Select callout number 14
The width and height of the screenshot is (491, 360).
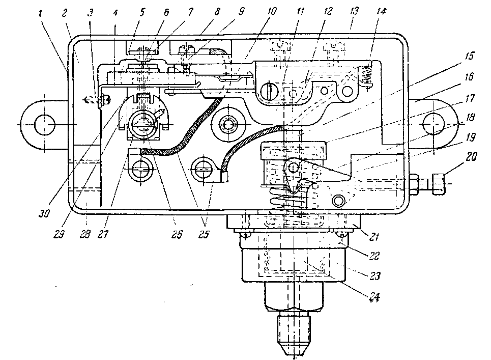[x=381, y=12]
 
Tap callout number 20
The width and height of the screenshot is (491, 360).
[x=470, y=157]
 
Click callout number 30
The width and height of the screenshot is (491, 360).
[x=44, y=213]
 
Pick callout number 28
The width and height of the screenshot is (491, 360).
[x=85, y=234]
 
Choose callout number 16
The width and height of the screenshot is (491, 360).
[x=469, y=77]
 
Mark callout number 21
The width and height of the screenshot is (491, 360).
[x=373, y=237]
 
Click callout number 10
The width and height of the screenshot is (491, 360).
[x=272, y=12]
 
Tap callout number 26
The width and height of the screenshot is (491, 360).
[x=177, y=234]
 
